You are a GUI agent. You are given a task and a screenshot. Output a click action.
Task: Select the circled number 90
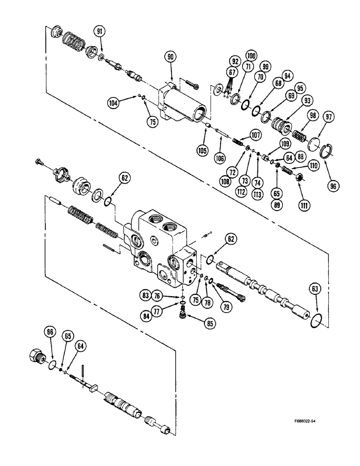tap(170, 57)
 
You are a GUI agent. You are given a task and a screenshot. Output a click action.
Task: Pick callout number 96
tap(332, 185)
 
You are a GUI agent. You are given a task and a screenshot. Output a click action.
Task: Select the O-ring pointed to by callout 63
tap(316, 321)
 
